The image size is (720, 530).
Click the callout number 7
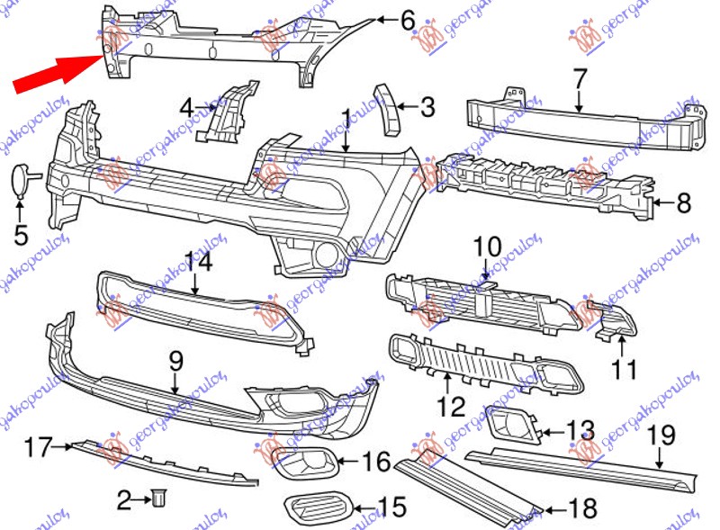point(578,77)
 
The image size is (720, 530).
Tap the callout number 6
point(407,19)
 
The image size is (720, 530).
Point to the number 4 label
point(187,109)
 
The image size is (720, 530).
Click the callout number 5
point(21,236)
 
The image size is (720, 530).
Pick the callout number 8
point(683,203)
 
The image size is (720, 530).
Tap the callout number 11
point(624,368)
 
